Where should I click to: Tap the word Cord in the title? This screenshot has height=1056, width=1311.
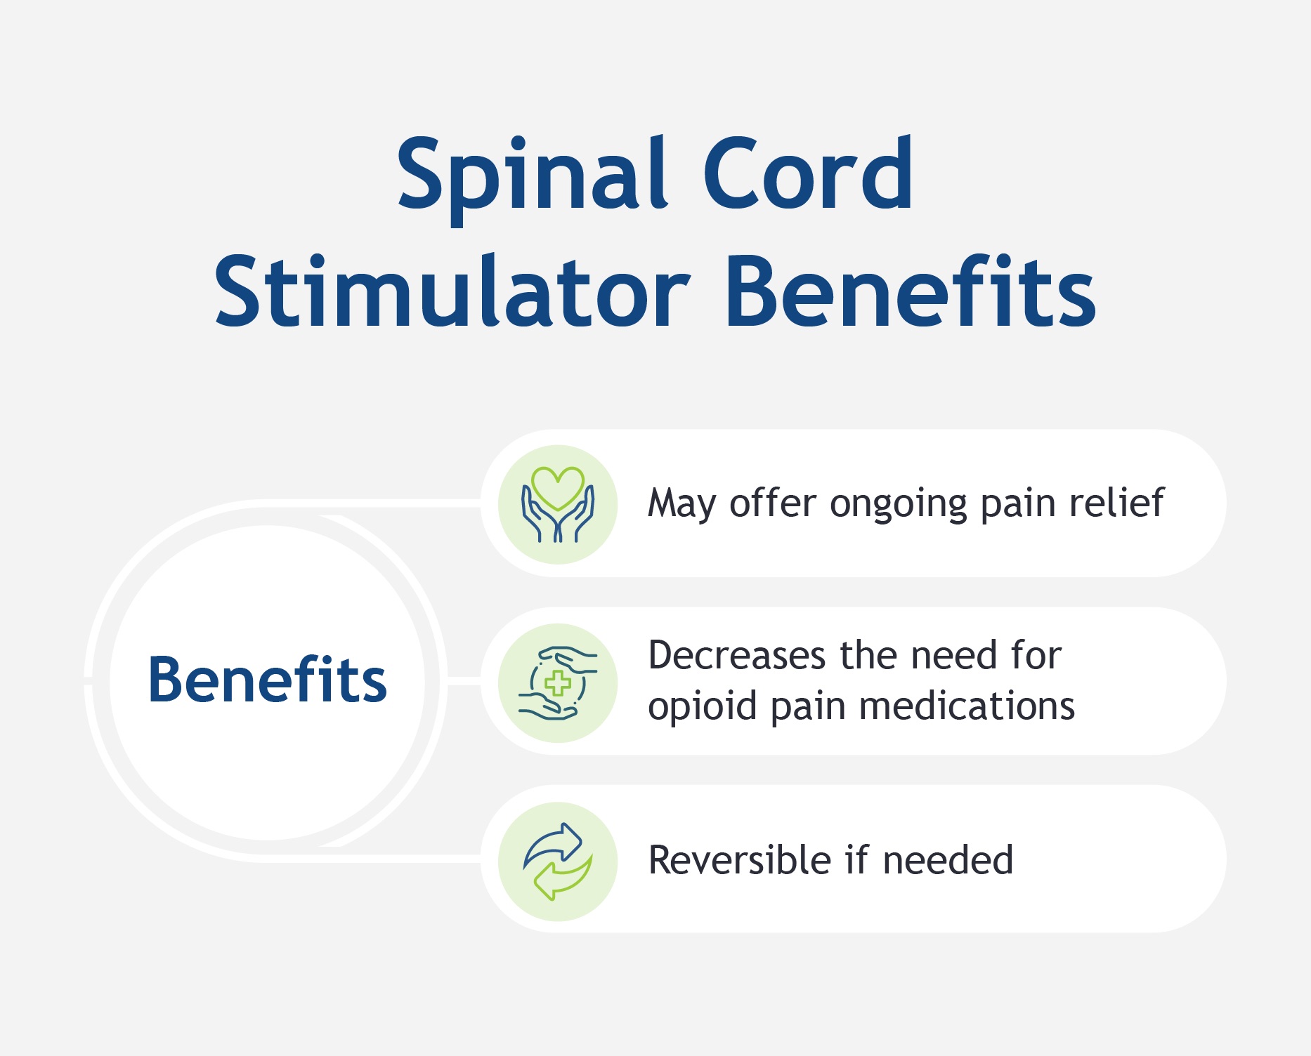(x=808, y=173)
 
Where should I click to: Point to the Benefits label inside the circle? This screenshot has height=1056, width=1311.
(x=268, y=679)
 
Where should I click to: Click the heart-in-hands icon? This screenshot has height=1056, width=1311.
(x=558, y=504)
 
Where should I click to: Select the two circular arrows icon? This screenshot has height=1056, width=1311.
(x=558, y=862)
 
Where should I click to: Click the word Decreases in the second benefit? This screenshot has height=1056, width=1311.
(x=737, y=656)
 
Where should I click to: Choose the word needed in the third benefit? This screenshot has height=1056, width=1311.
(x=948, y=859)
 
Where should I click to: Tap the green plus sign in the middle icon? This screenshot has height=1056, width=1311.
(x=558, y=683)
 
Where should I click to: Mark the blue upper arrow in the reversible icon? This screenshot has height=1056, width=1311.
(x=553, y=845)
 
